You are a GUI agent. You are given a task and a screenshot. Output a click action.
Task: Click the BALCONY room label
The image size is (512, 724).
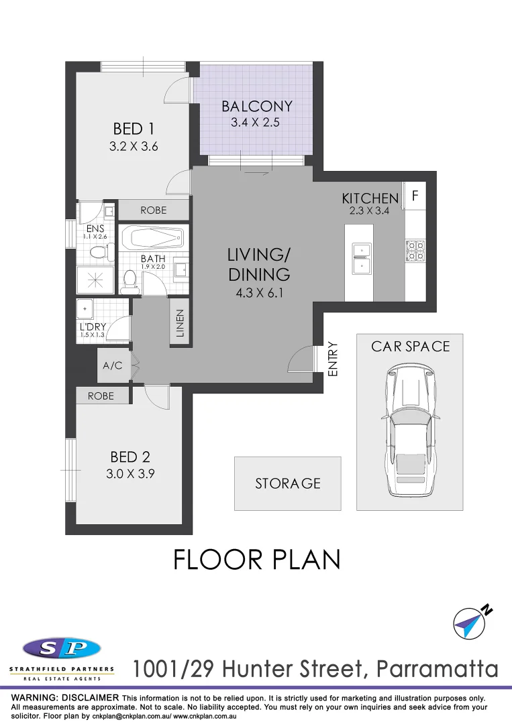(257, 106)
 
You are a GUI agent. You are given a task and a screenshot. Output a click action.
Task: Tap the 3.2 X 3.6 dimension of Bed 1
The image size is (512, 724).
(134, 146)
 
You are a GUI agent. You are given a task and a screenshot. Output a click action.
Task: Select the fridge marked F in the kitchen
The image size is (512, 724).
(414, 197)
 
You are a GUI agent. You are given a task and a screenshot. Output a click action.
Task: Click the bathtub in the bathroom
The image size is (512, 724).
(152, 238)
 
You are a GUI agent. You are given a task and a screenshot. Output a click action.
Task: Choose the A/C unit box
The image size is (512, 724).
(113, 366)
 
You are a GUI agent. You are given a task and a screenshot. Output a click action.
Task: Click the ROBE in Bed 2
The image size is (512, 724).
(101, 396)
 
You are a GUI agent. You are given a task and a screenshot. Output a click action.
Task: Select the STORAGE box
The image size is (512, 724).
(287, 483)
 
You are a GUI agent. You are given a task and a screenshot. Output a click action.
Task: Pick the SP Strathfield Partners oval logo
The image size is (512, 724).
(62, 648)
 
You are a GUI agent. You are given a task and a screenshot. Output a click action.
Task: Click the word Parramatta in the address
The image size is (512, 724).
(438, 668)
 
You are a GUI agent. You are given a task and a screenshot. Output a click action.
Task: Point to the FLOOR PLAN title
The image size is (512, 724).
(257, 560)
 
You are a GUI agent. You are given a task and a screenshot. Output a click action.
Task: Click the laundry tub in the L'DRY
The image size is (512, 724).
(85, 310)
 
